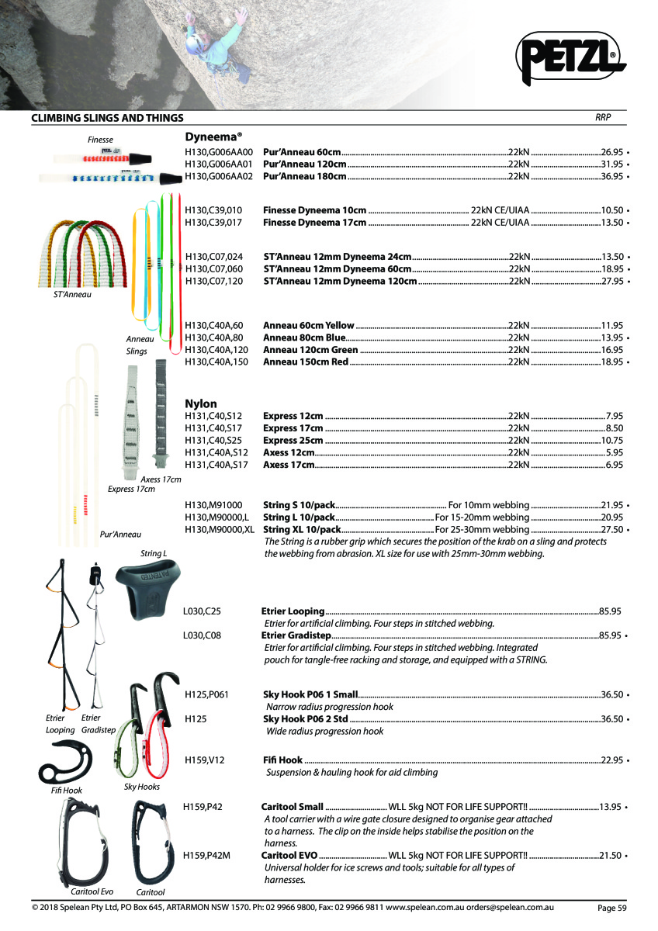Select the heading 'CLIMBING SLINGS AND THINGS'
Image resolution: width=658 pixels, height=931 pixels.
pyautogui.click(x=107, y=118)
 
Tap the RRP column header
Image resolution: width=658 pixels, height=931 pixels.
pyautogui.click(x=603, y=117)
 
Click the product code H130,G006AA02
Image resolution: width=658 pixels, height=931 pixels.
pyautogui.click(x=220, y=176)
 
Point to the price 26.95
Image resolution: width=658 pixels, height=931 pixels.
pyautogui.click(x=612, y=151)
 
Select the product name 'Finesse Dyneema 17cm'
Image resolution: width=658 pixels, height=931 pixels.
pyautogui.click(x=314, y=223)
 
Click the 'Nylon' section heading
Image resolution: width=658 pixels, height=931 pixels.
pyautogui.click(x=201, y=403)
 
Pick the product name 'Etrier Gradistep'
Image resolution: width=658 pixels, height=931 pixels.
pyautogui.click(x=296, y=635)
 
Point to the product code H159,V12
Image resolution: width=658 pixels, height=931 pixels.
pyautogui.click(x=205, y=760)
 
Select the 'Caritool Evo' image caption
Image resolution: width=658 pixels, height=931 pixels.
pyautogui.click(x=92, y=891)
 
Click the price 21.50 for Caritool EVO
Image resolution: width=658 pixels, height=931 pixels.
pyautogui.click(x=612, y=855)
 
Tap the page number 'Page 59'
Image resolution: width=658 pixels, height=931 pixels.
pyautogui.click(x=611, y=908)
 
